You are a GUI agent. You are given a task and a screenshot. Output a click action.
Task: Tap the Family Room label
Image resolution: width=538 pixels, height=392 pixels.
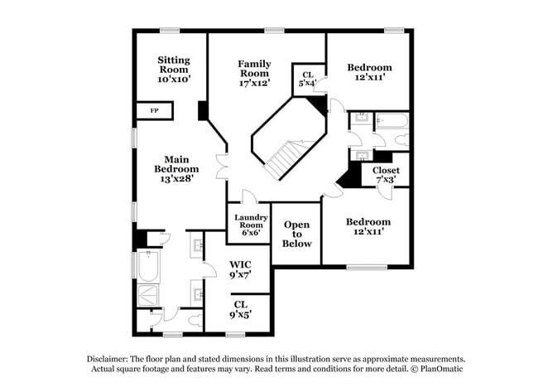[254, 74]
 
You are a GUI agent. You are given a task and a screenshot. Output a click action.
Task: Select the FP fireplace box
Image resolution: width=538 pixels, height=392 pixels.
[155, 111]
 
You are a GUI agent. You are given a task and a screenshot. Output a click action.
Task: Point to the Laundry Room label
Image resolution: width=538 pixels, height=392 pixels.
[251, 225]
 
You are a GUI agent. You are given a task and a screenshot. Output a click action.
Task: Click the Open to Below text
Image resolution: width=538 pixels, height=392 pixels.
[297, 234]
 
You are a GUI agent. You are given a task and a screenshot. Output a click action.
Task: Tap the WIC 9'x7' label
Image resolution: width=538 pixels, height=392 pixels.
[240, 269]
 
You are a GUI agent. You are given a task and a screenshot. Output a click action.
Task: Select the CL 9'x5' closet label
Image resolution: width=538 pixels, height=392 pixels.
[240, 309]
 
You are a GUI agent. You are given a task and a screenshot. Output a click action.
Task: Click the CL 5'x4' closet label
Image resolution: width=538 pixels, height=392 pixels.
[306, 79]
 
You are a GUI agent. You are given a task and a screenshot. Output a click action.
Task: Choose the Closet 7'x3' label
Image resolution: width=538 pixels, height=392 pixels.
[386, 174]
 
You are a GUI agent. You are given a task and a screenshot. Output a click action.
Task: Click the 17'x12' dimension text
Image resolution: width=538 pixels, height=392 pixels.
[254, 84]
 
